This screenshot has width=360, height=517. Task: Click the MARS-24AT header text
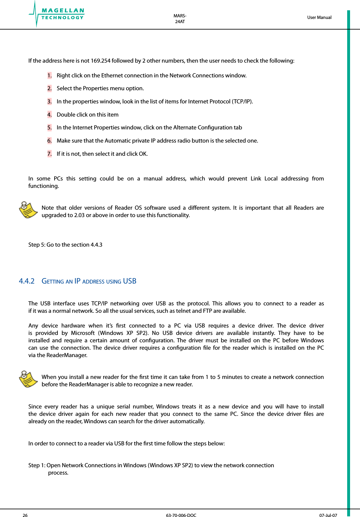pos(180,19)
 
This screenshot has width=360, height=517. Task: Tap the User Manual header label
pos(319,17)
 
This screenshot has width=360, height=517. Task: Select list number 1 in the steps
pos(49,75)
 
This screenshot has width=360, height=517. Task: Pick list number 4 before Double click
pos(49,115)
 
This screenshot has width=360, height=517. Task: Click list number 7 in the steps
pos(49,154)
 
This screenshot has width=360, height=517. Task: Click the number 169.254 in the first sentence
pos(100,61)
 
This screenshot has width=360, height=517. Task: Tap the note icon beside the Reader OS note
pos(28,210)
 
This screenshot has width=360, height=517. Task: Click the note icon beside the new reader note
pos(28,379)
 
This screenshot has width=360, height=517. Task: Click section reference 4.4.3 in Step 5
pos(96,245)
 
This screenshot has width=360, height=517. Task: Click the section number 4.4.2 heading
pos(27,281)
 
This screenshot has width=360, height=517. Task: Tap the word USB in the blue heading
pos(130,281)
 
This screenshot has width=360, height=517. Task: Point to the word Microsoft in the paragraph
pos(83,333)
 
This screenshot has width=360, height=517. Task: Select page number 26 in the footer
pos(25,515)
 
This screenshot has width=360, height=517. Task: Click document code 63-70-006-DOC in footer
pos(181,515)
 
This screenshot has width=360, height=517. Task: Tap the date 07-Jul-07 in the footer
pos(328,515)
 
